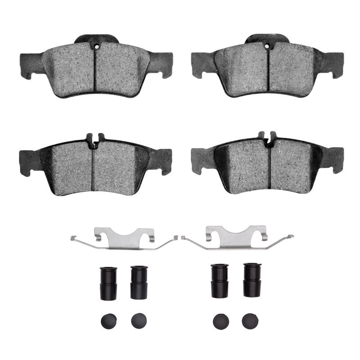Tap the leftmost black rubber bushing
point(108,282)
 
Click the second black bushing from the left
point(139,282)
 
